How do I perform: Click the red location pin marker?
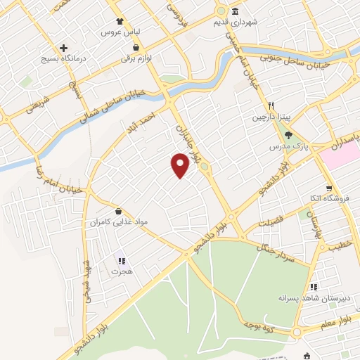[x=181, y=165]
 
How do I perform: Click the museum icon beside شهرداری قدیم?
[x=236, y=11]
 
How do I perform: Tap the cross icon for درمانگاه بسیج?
[x=64, y=47]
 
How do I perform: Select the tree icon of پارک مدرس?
[x=289, y=136]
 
